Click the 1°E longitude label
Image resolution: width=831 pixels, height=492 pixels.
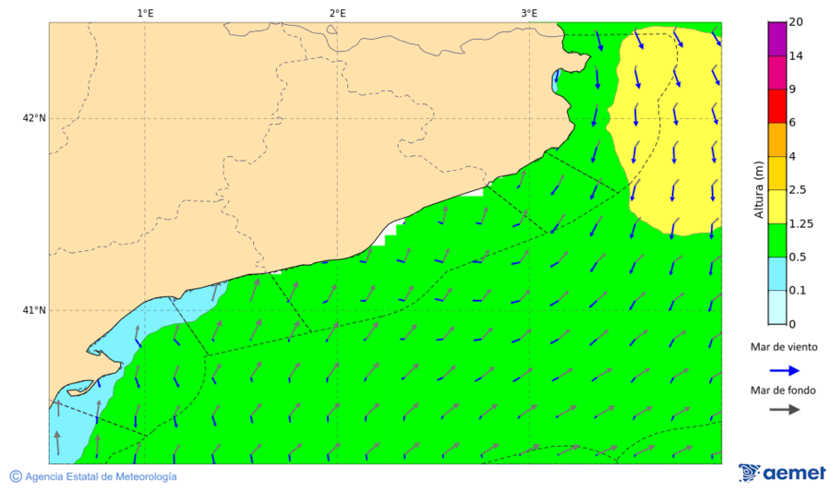pos(145,13)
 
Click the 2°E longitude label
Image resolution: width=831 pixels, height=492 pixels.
pos(337,13)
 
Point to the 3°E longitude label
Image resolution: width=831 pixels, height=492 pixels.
pos(529,13)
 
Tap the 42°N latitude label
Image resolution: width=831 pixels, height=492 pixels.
pos(34,118)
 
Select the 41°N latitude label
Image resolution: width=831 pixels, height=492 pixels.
pos(34,310)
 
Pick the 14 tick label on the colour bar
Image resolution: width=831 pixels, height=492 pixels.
pos(796,56)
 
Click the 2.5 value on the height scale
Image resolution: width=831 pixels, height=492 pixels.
pos(798,190)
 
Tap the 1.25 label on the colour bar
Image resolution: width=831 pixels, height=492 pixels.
pos(801,223)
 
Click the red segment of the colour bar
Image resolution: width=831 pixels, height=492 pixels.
pos(777,106)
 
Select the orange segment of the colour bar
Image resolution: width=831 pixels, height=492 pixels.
pos(777,139)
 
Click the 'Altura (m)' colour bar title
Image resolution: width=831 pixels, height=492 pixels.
pos(759,189)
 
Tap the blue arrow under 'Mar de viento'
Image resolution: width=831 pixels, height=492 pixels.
pos(785,370)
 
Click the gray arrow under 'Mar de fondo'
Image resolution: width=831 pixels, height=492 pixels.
pos(785,410)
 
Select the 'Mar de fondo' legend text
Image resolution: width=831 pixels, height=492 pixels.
pos(784,390)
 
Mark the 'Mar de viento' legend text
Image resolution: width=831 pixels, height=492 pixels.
pos(784,347)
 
